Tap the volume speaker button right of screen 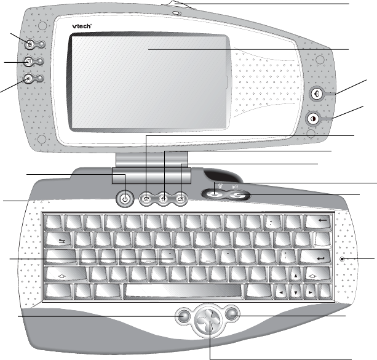click(x=317, y=94)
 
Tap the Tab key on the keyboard click(x=60, y=240)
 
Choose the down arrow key click(x=296, y=290)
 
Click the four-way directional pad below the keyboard click(x=209, y=319)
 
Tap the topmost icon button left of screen click(x=30, y=43)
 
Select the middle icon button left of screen click(x=29, y=62)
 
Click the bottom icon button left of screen click(x=29, y=78)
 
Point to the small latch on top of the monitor click(x=176, y=9)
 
